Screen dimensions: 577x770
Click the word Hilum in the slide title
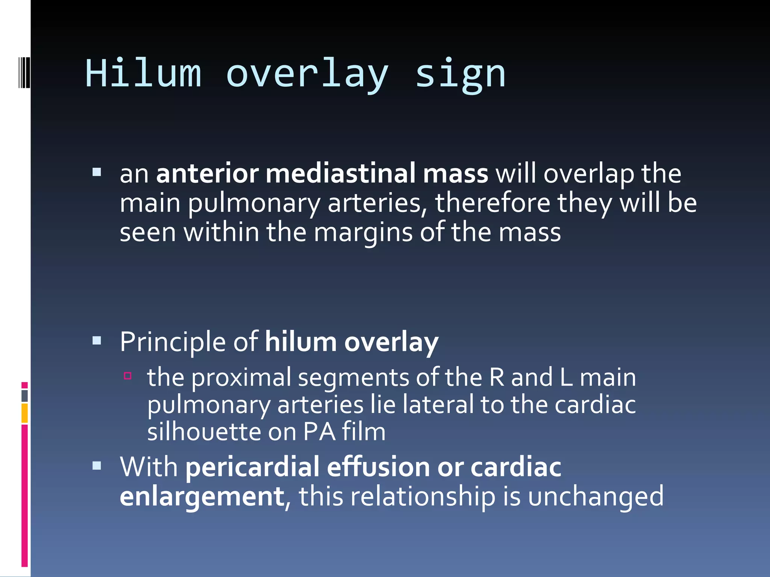pyautogui.click(x=143, y=73)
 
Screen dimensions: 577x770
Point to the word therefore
pyautogui.click(x=493, y=203)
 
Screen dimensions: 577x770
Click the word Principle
pyautogui.click(x=173, y=342)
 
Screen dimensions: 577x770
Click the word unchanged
pyautogui.click(x=596, y=497)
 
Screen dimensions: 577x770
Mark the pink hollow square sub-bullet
pyautogui.click(x=128, y=376)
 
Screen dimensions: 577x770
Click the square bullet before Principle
pyautogui.click(x=97, y=341)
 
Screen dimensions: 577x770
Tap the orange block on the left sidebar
pyautogui.click(x=24, y=413)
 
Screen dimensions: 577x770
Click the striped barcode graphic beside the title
pyautogui.click(x=24, y=72)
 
